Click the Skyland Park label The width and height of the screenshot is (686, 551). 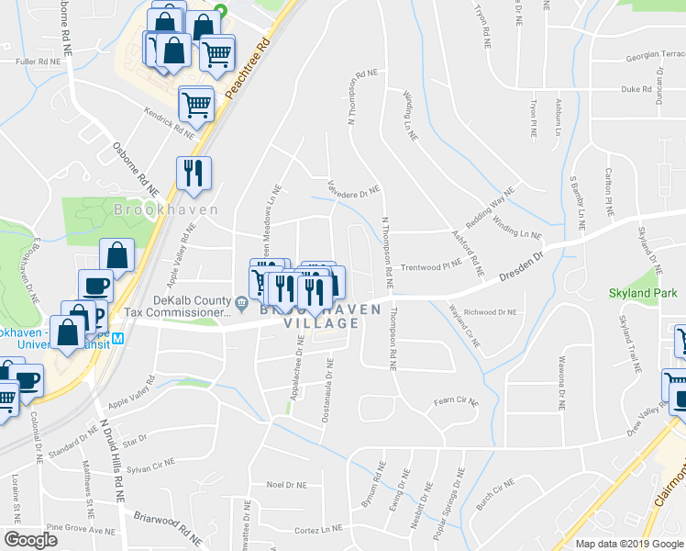641,294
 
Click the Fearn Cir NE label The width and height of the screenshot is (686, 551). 456,401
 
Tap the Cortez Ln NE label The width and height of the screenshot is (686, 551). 317,529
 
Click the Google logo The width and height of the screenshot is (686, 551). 30,540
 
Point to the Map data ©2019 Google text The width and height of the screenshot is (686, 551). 630,544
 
